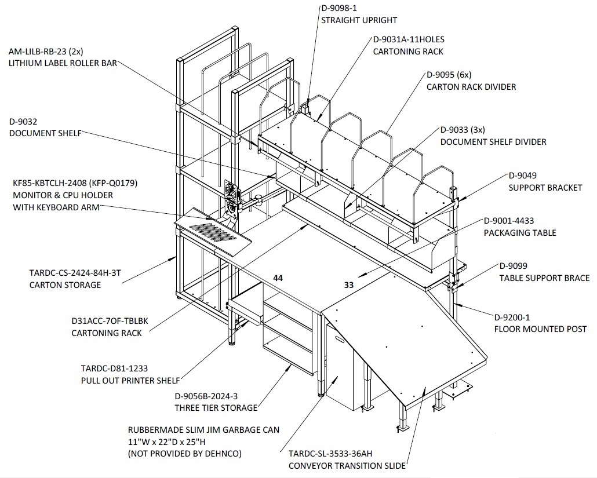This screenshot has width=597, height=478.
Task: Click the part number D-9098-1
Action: coord(339,8)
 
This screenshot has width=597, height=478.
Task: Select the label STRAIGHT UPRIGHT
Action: coord(359,20)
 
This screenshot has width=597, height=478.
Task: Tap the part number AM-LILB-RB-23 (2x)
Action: coord(46,51)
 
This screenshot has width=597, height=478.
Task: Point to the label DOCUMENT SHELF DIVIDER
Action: coord(493,142)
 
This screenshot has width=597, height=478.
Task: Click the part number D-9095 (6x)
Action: coord(449,75)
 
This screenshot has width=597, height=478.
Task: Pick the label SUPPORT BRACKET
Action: coord(545,188)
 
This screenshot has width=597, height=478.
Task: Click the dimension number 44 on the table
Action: coord(278,278)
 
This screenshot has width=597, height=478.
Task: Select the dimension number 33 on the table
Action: coord(349,284)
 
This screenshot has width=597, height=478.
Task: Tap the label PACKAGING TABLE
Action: coord(520,233)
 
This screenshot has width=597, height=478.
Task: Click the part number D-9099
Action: coord(513,266)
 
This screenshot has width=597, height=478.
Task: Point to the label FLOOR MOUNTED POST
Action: coord(540,329)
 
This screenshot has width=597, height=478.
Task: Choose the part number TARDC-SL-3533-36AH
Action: coord(330,454)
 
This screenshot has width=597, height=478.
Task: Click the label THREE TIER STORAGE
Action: coord(216,408)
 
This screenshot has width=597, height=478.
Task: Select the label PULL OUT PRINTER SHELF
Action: coord(130,381)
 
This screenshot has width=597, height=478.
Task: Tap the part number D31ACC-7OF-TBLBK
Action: coord(110,321)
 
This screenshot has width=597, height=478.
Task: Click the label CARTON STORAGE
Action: coord(65,285)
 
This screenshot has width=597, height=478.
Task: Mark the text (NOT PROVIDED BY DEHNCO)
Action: coord(185,454)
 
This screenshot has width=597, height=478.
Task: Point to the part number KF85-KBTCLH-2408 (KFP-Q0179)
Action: coord(75,183)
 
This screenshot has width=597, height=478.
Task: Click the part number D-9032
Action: coord(23,122)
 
